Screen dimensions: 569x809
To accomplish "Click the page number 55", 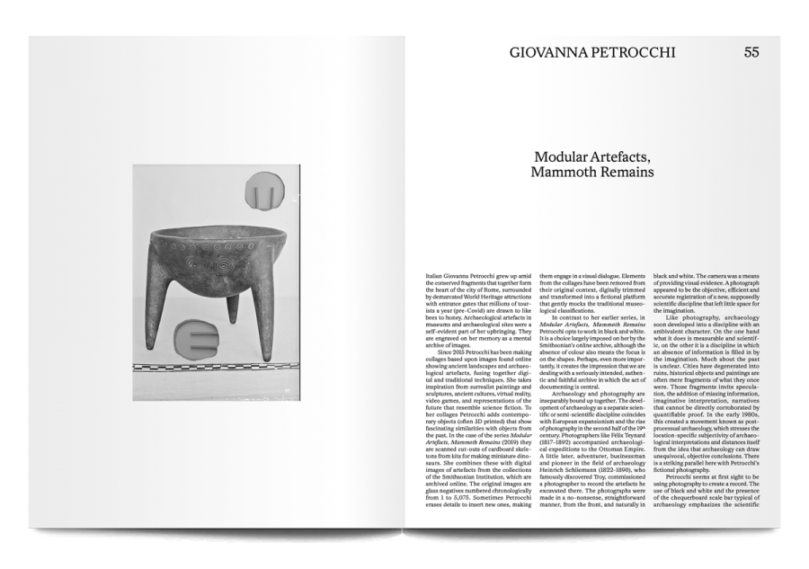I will tap(751, 52).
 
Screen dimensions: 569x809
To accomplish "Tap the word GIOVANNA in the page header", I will tap(551, 52).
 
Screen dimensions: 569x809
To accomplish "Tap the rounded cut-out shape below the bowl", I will tap(200, 340).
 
